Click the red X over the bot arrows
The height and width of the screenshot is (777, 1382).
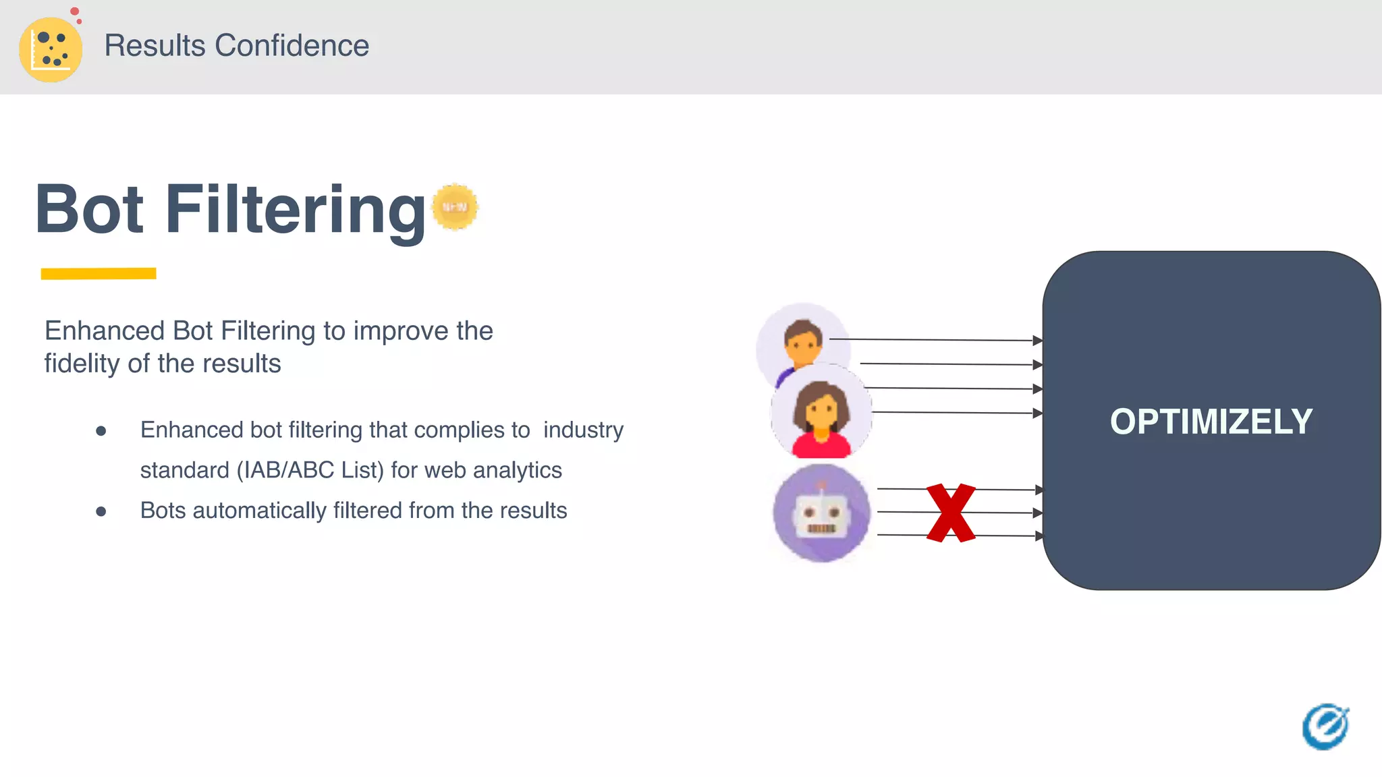click(950, 513)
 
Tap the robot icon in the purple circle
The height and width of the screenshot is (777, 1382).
click(821, 513)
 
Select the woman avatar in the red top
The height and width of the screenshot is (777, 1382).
click(821, 413)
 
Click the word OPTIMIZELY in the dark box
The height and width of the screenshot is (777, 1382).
click(1211, 422)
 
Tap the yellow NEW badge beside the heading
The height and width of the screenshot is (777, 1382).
click(455, 207)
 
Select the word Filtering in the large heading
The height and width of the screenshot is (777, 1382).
click(296, 210)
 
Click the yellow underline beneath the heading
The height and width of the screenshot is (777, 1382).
click(99, 273)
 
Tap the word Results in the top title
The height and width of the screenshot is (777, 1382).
click(155, 46)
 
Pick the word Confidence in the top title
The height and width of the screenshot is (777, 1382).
click(292, 46)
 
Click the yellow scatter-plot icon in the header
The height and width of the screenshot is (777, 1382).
click(51, 49)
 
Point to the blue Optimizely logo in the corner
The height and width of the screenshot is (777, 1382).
click(1325, 726)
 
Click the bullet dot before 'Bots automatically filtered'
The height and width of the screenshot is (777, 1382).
click(101, 511)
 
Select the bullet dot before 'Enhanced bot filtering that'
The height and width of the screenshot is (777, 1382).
click(101, 430)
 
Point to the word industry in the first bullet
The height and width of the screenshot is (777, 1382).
click(583, 430)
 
